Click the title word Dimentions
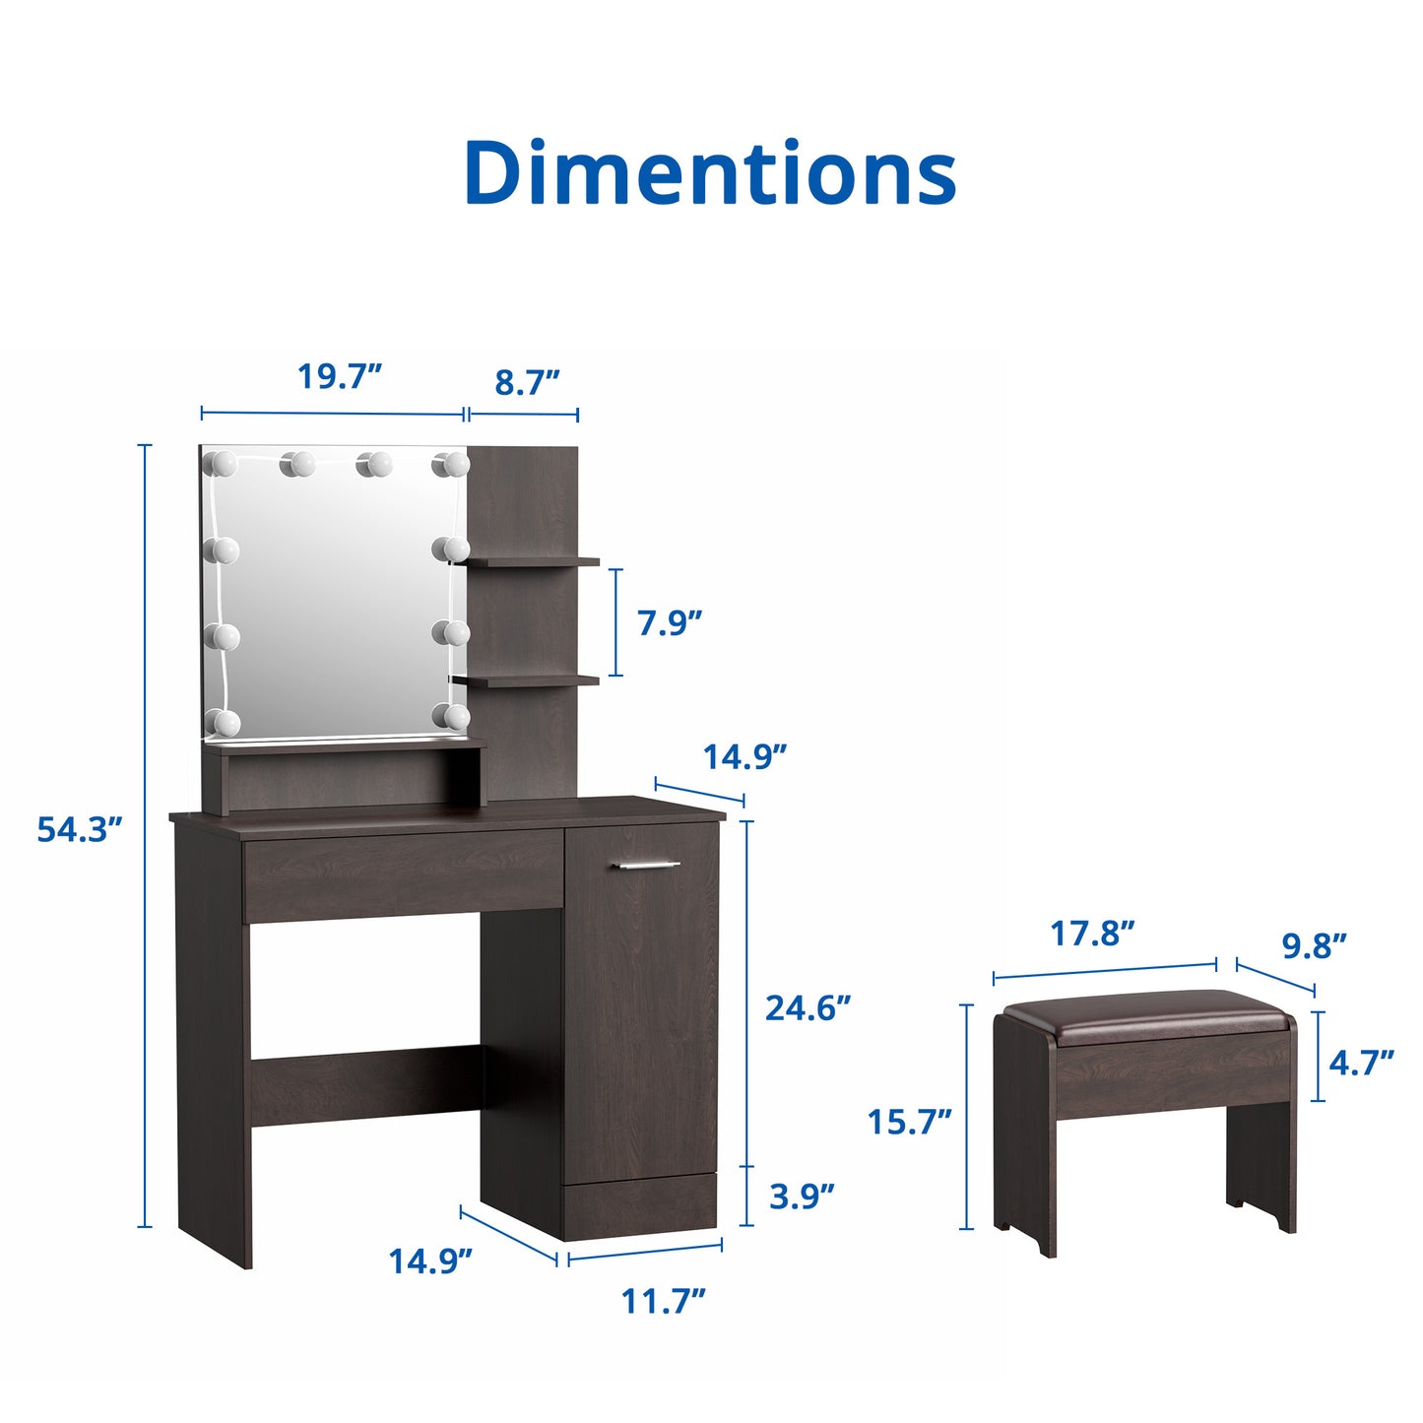[x=710, y=172]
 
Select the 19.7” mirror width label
[x=339, y=376]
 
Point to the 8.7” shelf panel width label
[x=527, y=382]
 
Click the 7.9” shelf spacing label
[x=670, y=622]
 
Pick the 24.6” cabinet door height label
[x=808, y=1007]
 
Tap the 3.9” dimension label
[x=802, y=1197]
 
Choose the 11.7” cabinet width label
[x=663, y=1300]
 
